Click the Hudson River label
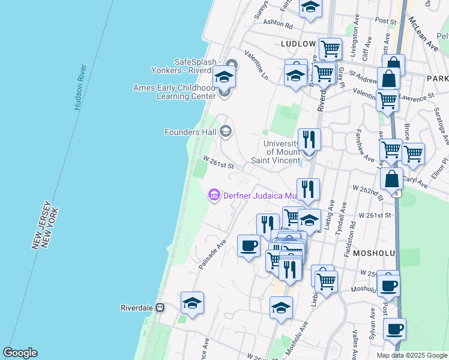[x=82, y=88]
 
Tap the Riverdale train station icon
[x=160, y=307]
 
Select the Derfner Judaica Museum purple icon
[x=213, y=195]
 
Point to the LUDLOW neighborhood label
[x=298, y=44]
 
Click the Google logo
[x=20, y=353]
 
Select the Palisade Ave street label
[x=213, y=253]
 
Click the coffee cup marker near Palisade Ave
[x=249, y=245]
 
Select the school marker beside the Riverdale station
[x=192, y=303]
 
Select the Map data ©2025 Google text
[x=412, y=355]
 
